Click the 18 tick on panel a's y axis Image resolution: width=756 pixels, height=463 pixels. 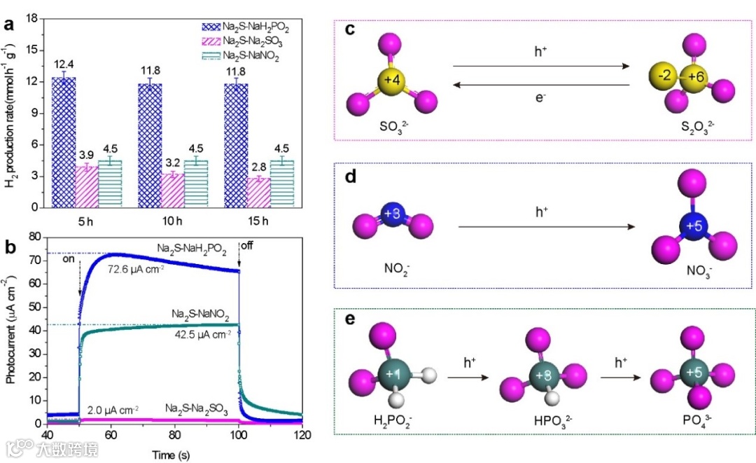pyautogui.click(x=31, y=18)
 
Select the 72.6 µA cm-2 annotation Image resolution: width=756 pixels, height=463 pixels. pyautogui.click(x=136, y=268)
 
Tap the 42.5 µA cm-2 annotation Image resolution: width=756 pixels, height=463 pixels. pyautogui.click(x=199, y=334)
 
